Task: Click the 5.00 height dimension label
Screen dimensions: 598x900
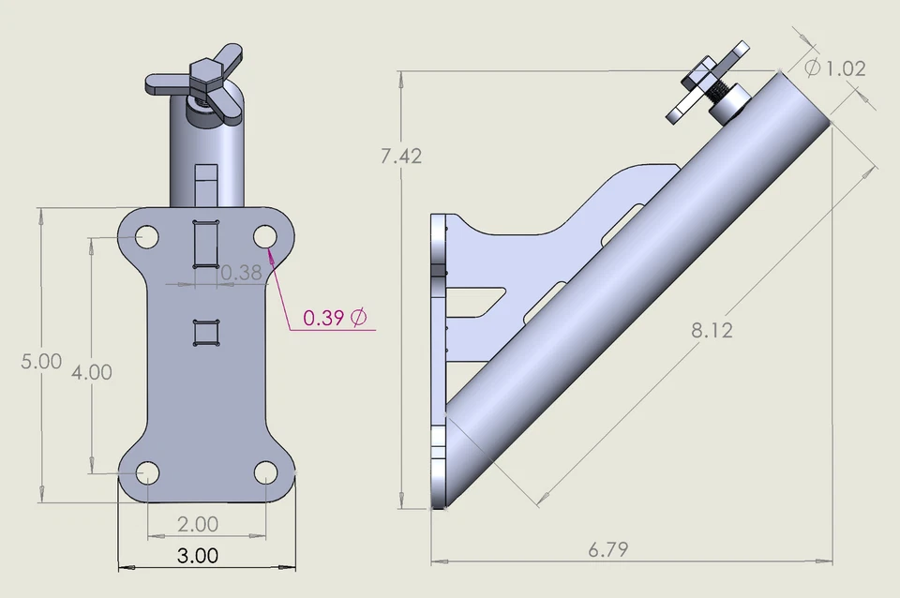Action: pos(41,362)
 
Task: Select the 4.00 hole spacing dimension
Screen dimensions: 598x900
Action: pos(92,372)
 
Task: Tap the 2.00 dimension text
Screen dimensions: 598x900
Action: pos(198,524)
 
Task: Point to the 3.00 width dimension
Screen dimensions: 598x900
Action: pos(198,556)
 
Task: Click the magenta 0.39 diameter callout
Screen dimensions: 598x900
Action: pos(334,318)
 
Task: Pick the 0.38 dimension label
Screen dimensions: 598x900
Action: pos(241,273)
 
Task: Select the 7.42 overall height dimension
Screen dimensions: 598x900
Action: pos(401,157)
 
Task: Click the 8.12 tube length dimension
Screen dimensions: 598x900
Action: pos(712,330)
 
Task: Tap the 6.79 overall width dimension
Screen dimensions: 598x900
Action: pos(608,550)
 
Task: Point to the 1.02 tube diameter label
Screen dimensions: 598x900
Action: pos(846,68)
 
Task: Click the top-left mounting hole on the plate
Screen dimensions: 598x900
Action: pos(146,237)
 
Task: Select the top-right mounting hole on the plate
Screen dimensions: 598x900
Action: pos(264,236)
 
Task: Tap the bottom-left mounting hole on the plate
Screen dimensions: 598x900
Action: pos(146,473)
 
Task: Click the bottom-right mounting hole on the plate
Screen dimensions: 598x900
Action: pos(264,472)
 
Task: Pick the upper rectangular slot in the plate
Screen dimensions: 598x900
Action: pos(205,244)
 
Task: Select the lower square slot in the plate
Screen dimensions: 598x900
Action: pos(205,333)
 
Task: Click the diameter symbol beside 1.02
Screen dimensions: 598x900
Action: pos(813,67)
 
